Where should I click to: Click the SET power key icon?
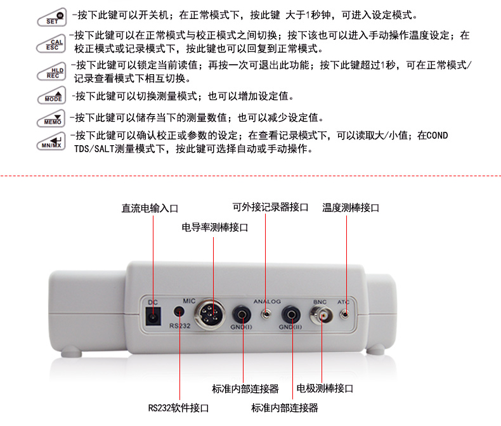click(52, 17)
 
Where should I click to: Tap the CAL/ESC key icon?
click(51, 43)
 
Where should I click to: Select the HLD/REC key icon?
click(51, 72)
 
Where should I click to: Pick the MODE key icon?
click(51, 96)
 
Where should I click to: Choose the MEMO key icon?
click(51, 119)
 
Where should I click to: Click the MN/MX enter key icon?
click(51, 141)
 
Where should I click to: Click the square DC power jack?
click(153, 316)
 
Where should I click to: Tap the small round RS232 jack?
click(179, 311)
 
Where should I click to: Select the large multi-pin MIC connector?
click(209, 314)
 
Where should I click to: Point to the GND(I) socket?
click(242, 315)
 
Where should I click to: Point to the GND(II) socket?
click(290, 315)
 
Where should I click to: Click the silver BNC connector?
click(322, 315)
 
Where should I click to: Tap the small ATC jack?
click(344, 314)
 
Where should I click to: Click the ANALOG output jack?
click(266, 314)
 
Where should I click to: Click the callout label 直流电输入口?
click(150, 208)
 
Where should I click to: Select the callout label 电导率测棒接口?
click(215, 228)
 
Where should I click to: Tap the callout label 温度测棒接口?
click(351, 208)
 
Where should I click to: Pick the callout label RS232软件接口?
click(178, 408)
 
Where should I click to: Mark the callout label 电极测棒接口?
click(325, 389)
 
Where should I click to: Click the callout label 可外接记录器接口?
click(270, 207)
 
